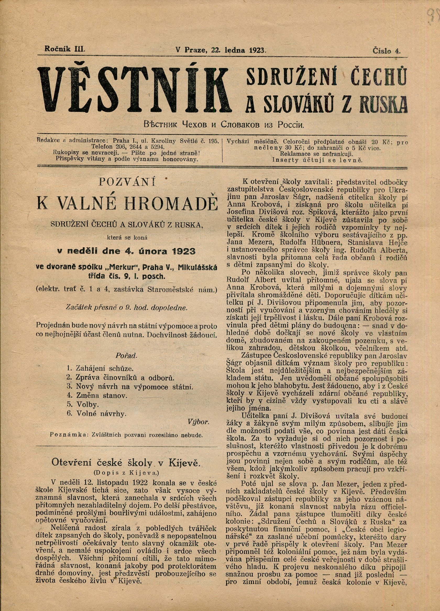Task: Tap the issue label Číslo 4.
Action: point(387,51)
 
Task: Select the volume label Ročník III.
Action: point(65,49)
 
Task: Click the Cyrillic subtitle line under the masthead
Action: point(224,125)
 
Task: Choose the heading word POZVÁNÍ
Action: point(127,182)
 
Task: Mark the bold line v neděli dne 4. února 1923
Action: point(126,251)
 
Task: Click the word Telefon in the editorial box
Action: point(102,147)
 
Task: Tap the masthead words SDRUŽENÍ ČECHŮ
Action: point(326,77)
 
